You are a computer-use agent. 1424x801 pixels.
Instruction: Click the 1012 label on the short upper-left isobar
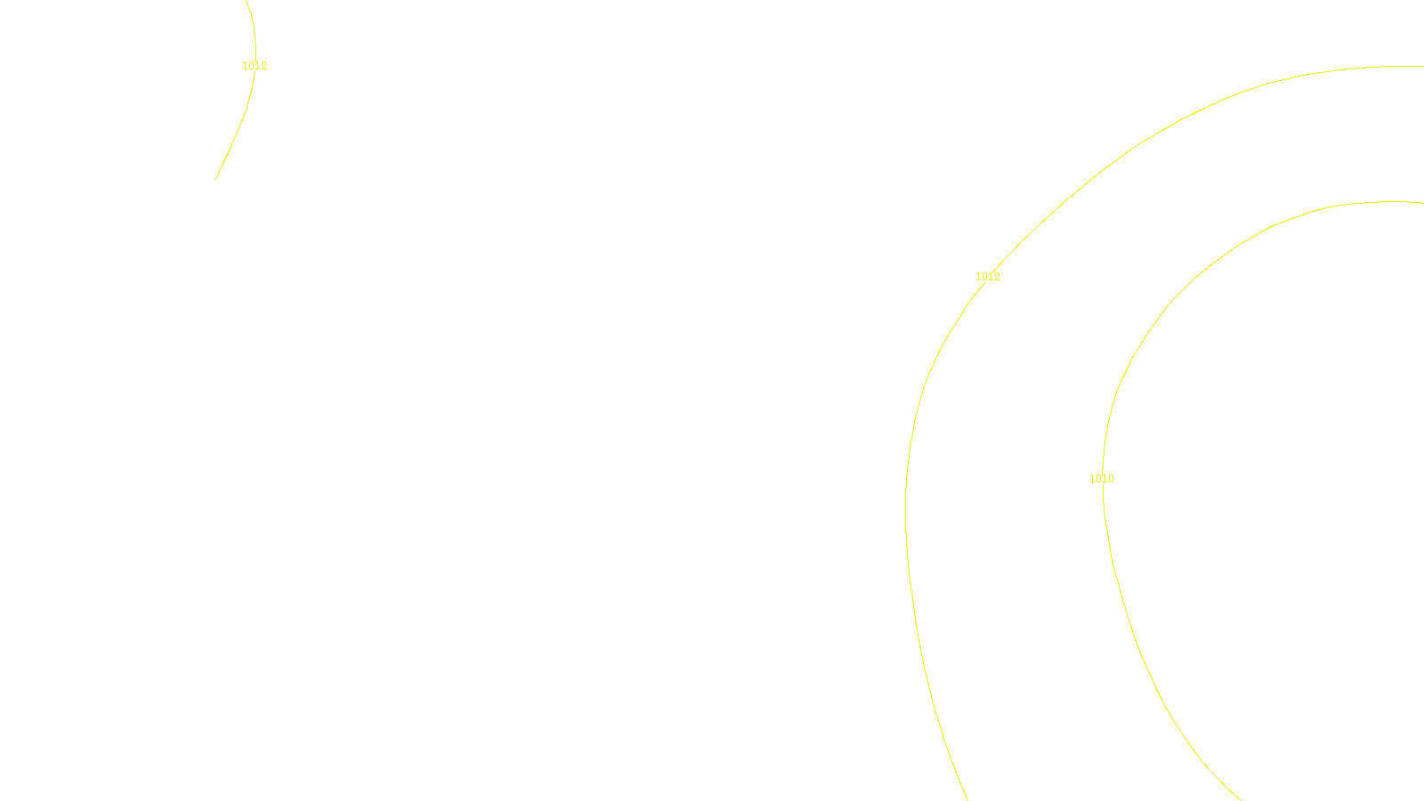(x=255, y=66)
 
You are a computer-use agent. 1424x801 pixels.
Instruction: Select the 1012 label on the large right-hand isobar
(x=988, y=277)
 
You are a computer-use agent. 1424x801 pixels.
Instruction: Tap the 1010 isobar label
(x=1102, y=479)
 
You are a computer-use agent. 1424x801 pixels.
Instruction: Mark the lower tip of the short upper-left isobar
(x=215, y=180)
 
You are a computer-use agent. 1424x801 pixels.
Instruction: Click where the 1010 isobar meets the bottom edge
(x=1241, y=799)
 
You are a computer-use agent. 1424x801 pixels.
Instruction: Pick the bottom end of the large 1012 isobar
(x=967, y=799)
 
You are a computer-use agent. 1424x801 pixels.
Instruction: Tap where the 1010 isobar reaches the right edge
(x=1422, y=202)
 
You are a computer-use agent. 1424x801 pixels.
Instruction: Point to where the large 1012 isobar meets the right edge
(x=1422, y=66)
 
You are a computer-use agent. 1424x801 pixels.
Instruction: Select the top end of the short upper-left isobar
(x=246, y=1)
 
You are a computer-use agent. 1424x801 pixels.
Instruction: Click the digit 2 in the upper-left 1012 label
(x=263, y=66)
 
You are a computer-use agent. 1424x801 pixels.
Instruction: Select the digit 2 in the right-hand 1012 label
(x=997, y=277)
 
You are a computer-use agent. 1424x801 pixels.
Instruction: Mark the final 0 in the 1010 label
(x=1111, y=479)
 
